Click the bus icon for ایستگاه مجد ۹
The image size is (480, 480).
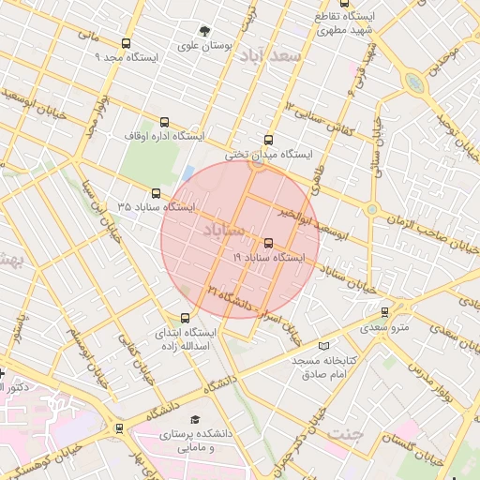(x=127, y=43)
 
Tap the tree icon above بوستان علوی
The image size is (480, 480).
(x=204, y=31)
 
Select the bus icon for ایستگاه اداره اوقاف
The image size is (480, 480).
(x=166, y=122)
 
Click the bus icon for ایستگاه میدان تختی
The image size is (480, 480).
(x=270, y=141)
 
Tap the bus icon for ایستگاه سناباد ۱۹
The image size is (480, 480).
(x=269, y=243)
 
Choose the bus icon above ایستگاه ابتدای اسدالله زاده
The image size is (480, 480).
(x=184, y=318)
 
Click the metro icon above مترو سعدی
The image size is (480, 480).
(x=384, y=312)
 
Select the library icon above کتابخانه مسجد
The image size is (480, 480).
(x=324, y=346)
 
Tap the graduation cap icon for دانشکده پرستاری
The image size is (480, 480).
(x=195, y=420)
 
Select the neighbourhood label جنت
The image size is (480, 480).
(x=344, y=434)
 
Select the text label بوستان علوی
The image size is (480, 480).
(x=204, y=45)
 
